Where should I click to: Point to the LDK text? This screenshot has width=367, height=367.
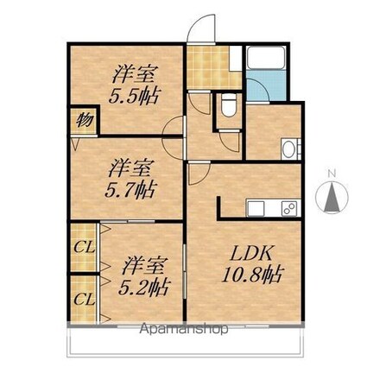tap(251, 256)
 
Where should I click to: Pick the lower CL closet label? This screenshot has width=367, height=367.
tap(84, 300)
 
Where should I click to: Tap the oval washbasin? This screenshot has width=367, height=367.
tap(289, 148)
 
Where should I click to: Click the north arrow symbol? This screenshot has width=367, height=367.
tap(332, 199)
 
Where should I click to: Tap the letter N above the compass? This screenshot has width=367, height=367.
tap(332, 174)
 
